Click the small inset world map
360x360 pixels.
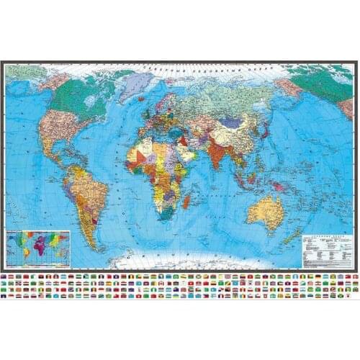coord(37,248)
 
